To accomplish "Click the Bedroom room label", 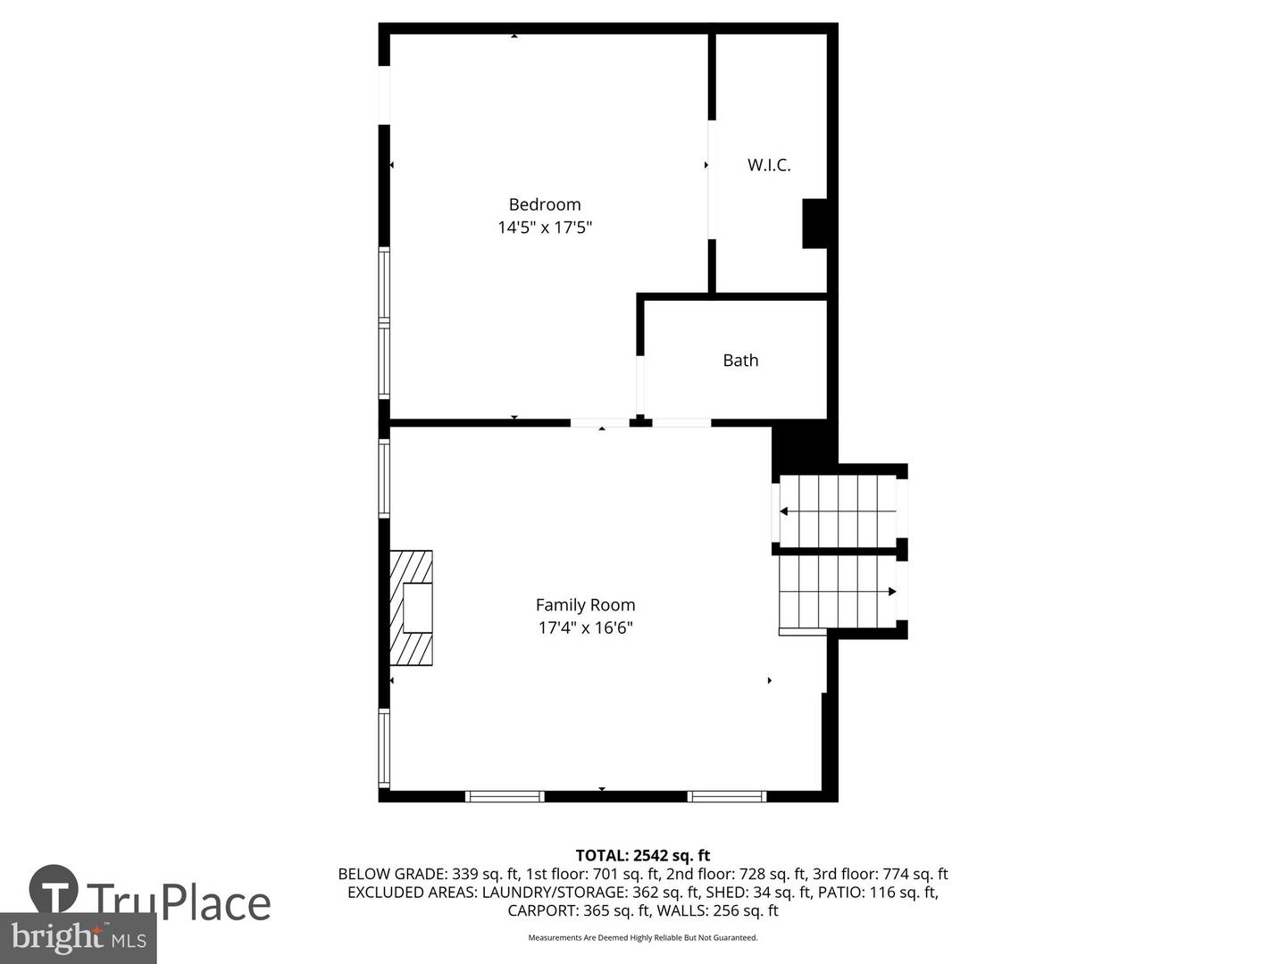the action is point(544,204).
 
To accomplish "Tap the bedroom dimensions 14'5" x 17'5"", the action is point(545,227).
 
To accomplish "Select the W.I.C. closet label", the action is point(769,165).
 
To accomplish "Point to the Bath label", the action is point(740,360).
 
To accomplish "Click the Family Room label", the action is point(585,604).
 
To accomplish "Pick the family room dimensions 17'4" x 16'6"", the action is point(585,628).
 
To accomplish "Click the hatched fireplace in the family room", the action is point(412,608).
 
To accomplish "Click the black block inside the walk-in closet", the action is point(814,223).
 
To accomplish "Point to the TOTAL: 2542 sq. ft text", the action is point(643,855).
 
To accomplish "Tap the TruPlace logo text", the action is point(179,902).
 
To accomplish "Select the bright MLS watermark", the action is point(79,938).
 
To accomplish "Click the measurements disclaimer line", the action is point(643,937).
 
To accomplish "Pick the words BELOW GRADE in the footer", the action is point(392,874).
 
